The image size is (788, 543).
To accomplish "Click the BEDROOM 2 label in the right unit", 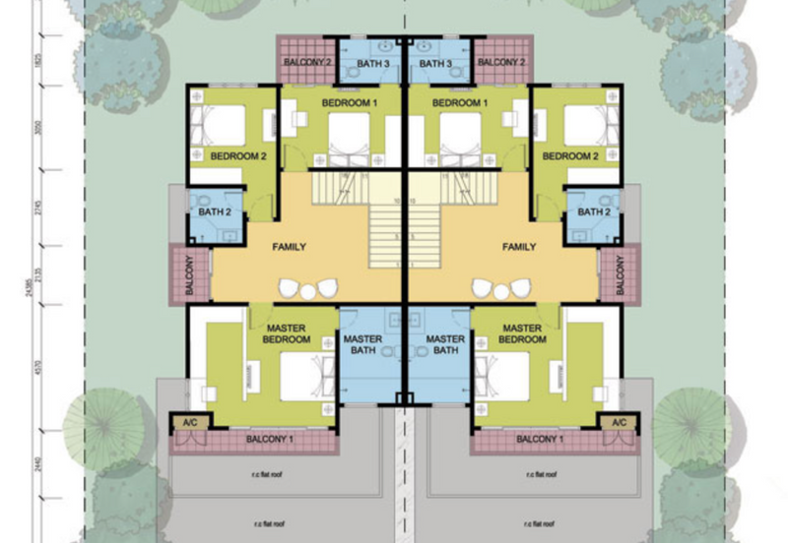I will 570,156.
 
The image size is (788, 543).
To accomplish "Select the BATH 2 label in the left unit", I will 213,211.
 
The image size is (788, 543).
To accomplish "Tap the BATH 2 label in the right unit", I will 594,211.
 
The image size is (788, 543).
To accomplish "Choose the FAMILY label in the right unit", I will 518,247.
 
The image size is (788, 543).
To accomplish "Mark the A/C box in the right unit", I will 619,422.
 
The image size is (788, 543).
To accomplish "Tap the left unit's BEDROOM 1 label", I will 350,103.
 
